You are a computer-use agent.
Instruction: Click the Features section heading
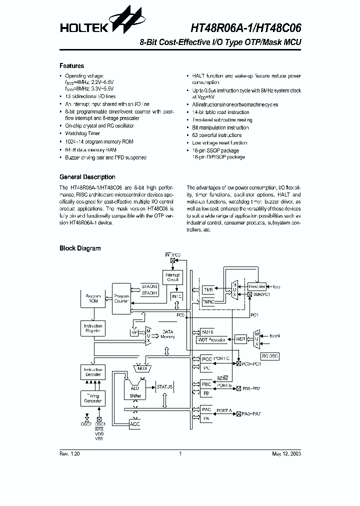(x=72, y=66)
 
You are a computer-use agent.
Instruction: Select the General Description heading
(x=87, y=177)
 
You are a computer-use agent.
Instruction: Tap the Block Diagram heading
(x=80, y=248)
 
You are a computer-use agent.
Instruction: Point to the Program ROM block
(x=93, y=298)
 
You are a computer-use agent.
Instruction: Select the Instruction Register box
(x=93, y=328)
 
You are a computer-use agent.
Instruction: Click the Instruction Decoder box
(x=92, y=372)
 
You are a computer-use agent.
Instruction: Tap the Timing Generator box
(x=92, y=398)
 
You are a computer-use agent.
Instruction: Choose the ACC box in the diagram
(x=134, y=424)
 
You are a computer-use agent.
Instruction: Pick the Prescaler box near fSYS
(x=257, y=286)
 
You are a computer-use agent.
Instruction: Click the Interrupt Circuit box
(x=173, y=277)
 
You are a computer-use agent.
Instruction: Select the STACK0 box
(x=149, y=286)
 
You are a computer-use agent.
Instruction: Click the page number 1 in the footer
(x=180, y=453)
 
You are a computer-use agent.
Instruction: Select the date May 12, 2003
(x=286, y=453)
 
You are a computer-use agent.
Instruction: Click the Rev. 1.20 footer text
(x=69, y=453)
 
